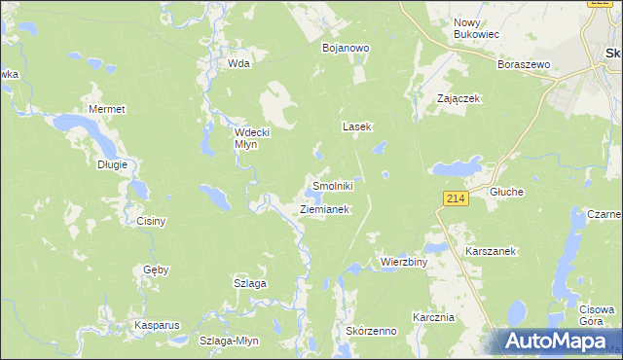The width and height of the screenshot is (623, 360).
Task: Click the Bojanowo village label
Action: (x=343, y=47)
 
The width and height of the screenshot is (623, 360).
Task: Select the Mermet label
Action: (x=106, y=109)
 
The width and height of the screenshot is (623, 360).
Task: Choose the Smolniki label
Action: (x=330, y=185)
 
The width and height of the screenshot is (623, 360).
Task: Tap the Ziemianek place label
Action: (x=324, y=209)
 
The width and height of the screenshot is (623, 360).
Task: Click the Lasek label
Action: (x=357, y=126)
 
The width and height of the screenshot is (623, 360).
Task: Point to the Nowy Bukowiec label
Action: (x=476, y=27)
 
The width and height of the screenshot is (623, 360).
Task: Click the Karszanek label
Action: (x=491, y=250)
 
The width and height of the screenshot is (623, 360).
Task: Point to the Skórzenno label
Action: (x=371, y=331)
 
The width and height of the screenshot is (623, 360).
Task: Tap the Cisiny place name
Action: (x=151, y=221)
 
